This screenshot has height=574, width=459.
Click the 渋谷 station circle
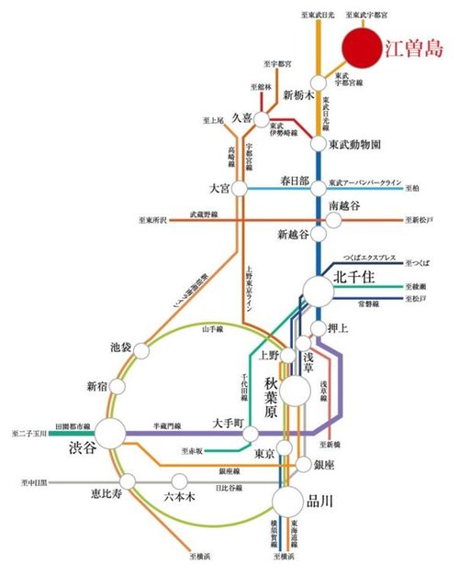111,435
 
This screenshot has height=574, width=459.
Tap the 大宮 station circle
241,188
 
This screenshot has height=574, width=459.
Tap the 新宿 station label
98,385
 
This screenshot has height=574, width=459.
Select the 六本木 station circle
180,480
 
